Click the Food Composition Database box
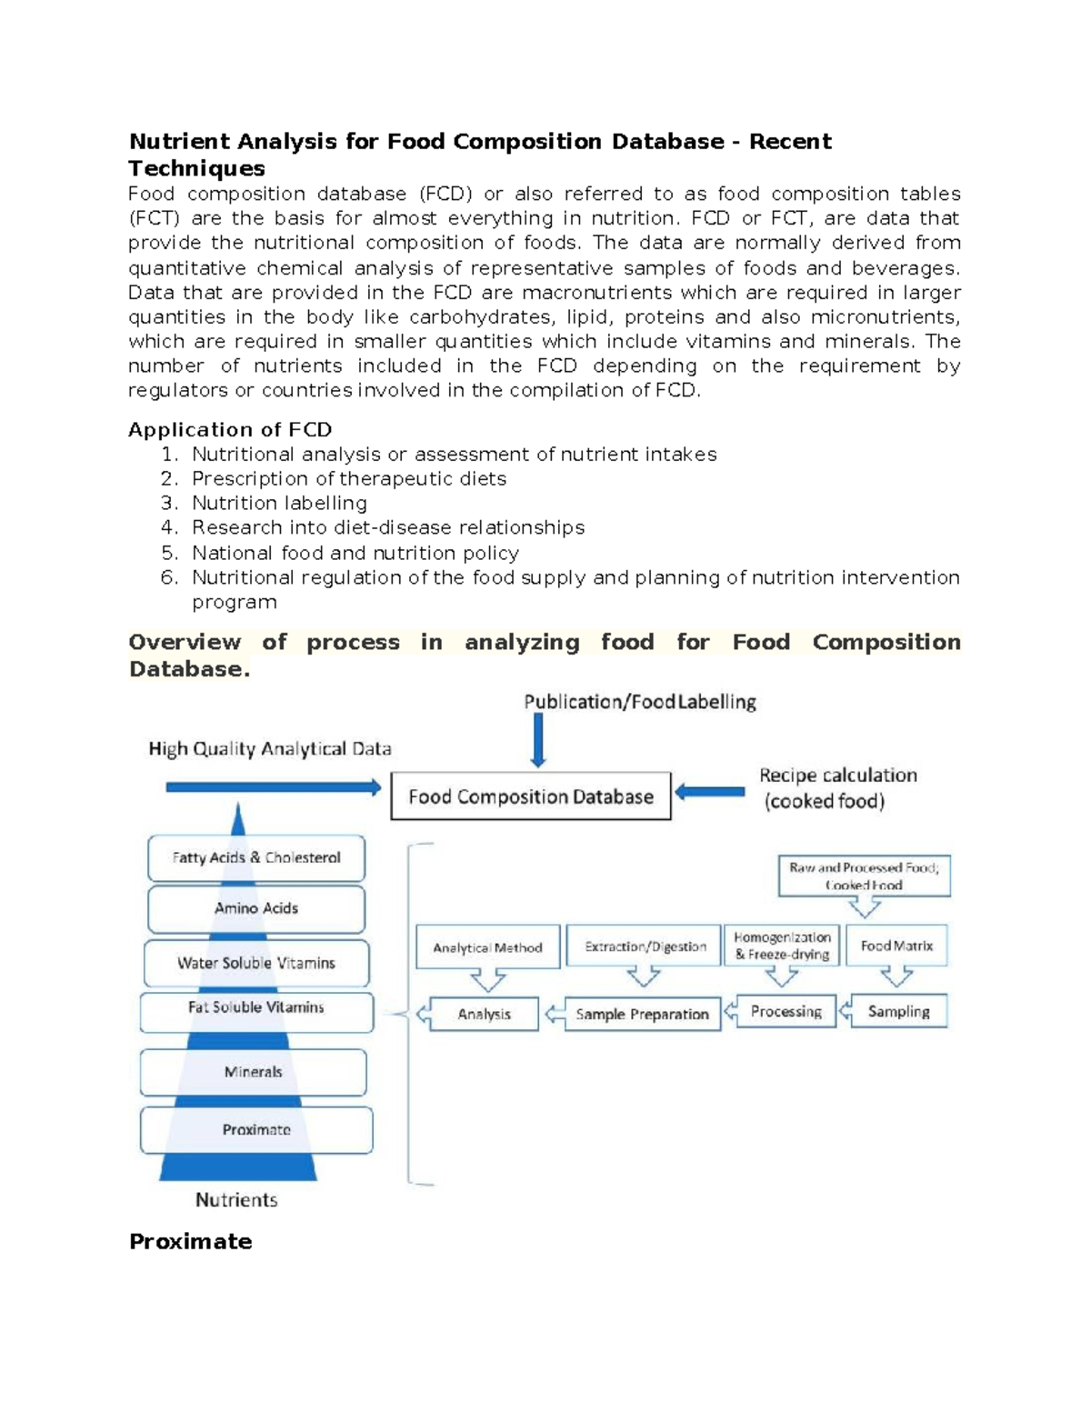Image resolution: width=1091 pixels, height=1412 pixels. tap(530, 796)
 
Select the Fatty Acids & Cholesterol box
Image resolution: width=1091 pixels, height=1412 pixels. tap(256, 857)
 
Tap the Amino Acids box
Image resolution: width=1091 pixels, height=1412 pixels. tap(256, 908)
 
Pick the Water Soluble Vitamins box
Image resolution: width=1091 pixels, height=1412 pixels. tap(256, 963)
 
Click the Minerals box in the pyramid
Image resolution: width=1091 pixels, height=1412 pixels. tap(254, 1072)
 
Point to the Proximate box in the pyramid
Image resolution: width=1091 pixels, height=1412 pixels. tap(256, 1130)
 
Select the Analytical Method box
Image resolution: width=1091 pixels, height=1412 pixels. tap(487, 947)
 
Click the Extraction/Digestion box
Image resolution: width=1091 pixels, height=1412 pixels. tap(645, 946)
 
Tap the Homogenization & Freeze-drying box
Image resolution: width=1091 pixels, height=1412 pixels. tap(782, 946)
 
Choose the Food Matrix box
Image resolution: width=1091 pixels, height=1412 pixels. tap(896, 946)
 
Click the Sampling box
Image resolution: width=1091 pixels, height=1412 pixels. tap(898, 1011)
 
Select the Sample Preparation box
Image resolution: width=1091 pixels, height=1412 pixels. tap(642, 1014)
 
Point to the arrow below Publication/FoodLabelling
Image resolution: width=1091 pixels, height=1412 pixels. tap(538, 740)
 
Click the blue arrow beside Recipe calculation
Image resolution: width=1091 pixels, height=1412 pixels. tap(710, 792)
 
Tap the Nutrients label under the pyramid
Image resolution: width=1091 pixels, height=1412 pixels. tap(236, 1200)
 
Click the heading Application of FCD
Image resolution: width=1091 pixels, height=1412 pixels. tap(230, 429)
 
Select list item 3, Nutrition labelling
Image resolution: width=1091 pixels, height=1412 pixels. tap(279, 503)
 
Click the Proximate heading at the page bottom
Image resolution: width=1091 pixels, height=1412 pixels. tap(190, 1242)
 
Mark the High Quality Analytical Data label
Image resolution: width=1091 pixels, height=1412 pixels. tap(270, 749)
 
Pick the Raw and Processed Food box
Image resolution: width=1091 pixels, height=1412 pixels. tap(864, 876)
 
